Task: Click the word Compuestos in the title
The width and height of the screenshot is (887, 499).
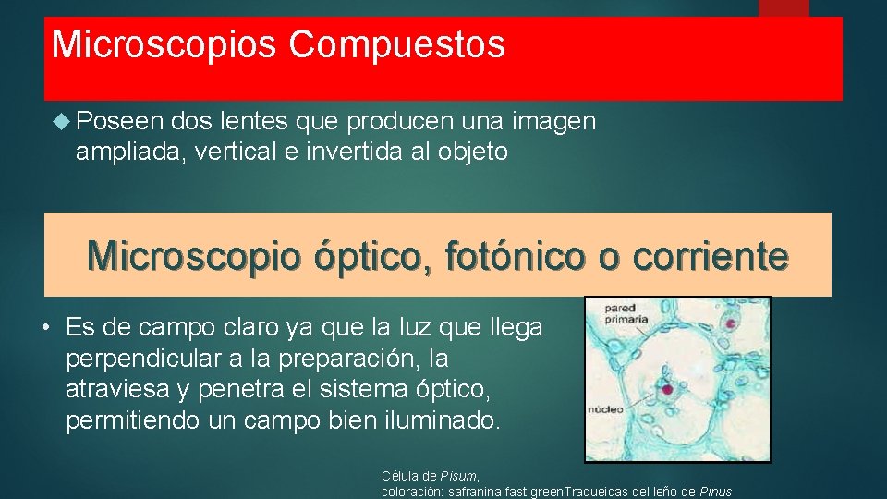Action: [396, 44]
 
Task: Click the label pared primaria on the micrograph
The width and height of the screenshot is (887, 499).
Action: [626, 313]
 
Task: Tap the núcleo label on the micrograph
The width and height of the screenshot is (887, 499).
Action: [606, 408]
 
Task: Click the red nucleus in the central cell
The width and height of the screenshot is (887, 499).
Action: [667, 389]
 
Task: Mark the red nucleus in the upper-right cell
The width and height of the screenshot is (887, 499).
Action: [730, 324]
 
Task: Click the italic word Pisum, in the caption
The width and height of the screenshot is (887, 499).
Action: [461, 476]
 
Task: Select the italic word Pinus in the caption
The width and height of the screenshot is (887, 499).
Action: [716, 492]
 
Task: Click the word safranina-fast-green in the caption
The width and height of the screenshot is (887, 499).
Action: [504, 492]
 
